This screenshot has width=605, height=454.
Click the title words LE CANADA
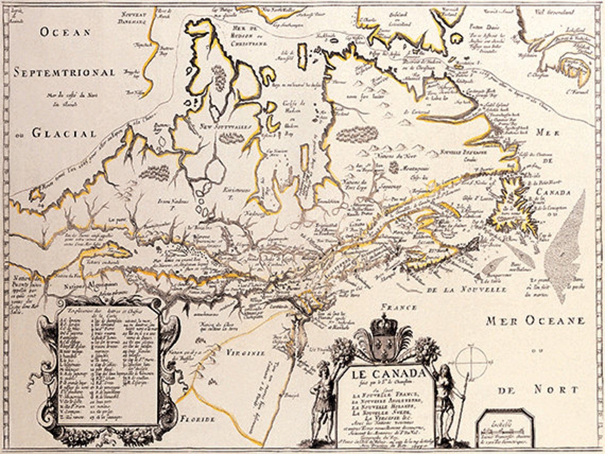click(x=389, y=373)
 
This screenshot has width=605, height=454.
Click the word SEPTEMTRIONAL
click(x=64, y=73)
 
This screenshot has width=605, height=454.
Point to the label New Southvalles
click(x=219, y=126)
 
